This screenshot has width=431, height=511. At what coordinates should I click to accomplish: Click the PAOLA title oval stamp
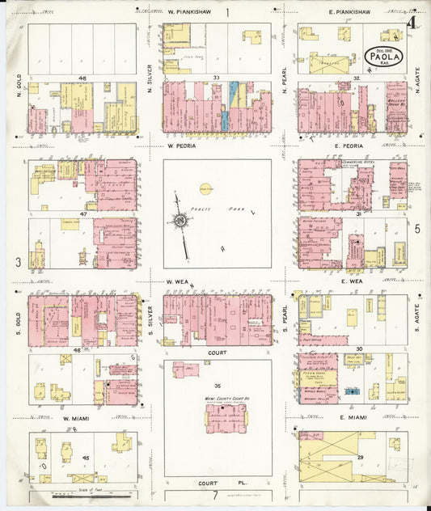click(x=382, y=57)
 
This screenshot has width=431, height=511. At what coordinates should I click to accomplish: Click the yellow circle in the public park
click(x=205, y=188)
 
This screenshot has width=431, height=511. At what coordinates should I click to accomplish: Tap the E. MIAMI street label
click(x=353, y=417)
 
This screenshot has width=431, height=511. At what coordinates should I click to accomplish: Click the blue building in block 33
click(x=234, y=94)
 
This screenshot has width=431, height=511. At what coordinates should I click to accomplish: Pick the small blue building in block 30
click(x=352, y=391)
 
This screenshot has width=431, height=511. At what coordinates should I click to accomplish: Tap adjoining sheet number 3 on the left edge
click(x=17, y=262)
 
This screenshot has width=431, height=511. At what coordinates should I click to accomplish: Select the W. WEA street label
click(x=178, y=281)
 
